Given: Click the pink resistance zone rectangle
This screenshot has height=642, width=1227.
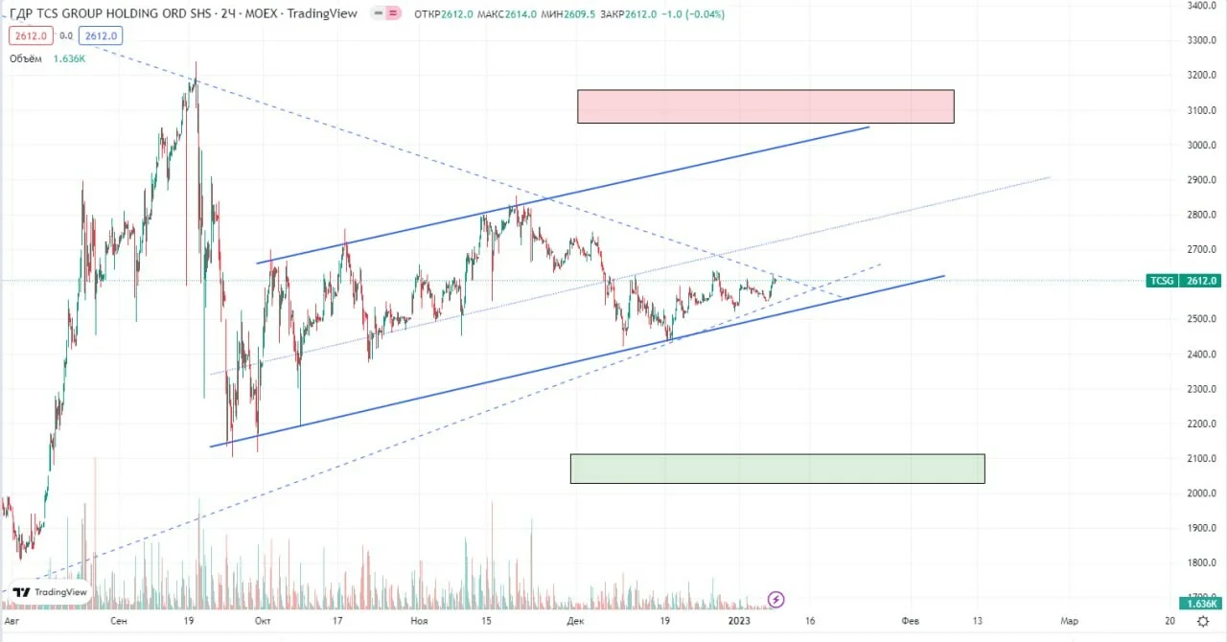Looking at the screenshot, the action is [765, 106].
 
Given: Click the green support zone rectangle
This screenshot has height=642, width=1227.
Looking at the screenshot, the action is [777, 469].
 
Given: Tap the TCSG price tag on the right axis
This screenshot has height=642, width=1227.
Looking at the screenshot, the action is [1183, 281].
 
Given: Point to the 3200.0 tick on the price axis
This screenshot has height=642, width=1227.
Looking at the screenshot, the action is [1201, 75].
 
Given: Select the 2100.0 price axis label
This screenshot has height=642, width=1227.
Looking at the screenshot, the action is [1201, 458].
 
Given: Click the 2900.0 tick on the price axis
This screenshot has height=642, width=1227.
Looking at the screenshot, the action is [1201, 180].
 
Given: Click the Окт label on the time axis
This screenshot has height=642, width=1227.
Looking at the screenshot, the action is [263, 621].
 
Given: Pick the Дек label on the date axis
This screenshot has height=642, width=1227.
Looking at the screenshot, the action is [575, 621].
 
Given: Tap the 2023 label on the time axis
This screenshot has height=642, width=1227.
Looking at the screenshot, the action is [739, 621].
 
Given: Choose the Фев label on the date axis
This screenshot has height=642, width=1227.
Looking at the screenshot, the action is [910, 621].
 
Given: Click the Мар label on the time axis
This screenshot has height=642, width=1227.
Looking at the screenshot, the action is [1069, 621].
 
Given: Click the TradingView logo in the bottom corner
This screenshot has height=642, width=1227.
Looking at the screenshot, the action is [50, 592].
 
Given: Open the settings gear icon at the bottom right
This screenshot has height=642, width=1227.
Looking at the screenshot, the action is [1203, 621].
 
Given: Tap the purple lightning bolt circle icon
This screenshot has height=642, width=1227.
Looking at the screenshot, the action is [776, 599].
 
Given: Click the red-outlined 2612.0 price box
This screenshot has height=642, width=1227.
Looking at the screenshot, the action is [31, 35].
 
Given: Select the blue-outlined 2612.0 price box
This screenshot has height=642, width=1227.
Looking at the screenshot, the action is [101, 35].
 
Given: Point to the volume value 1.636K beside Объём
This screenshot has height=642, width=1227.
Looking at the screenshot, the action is [69, 58].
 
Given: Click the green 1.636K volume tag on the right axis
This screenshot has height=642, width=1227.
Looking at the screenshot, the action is [1200, 604].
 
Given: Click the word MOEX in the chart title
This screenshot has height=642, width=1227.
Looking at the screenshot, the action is [261, 13].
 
